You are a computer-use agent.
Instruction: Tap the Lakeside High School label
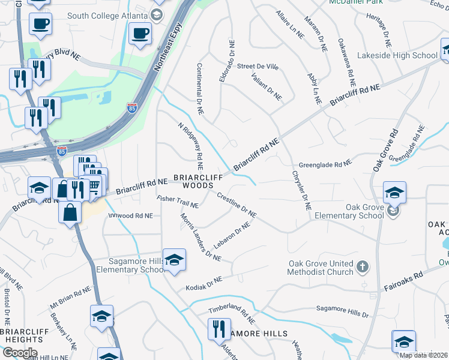coord(397,55)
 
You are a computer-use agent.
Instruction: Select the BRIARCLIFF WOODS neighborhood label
coord(193,181)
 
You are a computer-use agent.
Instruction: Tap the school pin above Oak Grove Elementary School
coord(395,193)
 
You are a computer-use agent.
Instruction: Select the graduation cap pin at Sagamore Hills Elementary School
coord(174,260)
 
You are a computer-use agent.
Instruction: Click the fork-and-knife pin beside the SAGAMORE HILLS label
coord(217,328)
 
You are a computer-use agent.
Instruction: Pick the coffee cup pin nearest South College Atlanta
coord(140,33)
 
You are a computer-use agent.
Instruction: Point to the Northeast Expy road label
coord(168,43)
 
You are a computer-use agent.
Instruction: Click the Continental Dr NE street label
coord(200,89)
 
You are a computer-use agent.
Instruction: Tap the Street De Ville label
coord(258,66)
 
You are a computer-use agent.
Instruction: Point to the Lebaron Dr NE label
coord(231,236)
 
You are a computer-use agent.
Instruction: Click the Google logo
coord(19,353)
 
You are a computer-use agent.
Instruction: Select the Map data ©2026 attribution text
coord(423,355)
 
